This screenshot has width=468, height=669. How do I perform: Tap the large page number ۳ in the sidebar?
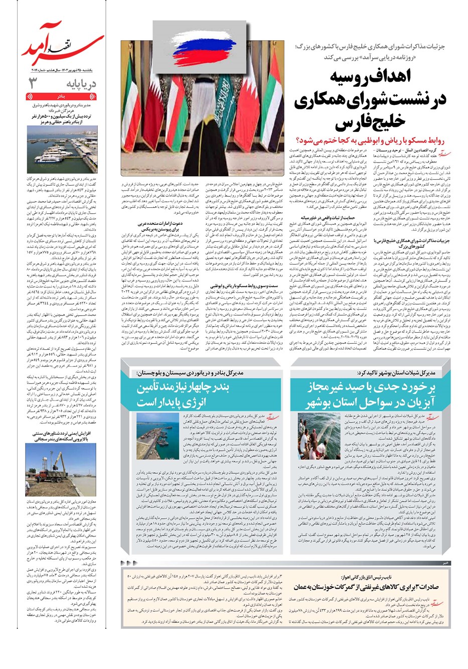coord(32,83)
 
